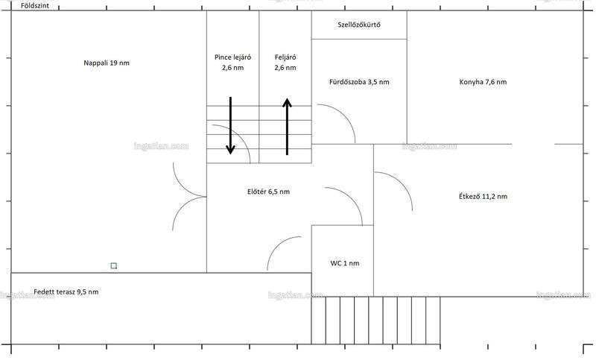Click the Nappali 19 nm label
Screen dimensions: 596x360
click(107, 63)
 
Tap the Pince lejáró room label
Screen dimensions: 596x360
click(232, 63)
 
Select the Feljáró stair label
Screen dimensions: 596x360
click(285, 63)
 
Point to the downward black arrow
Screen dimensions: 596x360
click(230, 125)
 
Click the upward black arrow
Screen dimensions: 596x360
click(287, 127)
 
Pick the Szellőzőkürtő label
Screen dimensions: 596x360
click(359, 25)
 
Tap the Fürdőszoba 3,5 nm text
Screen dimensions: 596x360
click(359, 82)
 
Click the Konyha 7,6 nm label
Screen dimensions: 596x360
click(483, 82)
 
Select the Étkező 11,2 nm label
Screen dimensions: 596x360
click(483, 197)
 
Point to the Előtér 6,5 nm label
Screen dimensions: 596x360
click(268, 192)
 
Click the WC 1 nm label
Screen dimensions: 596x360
click(344, 263)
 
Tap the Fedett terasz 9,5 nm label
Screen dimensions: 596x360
click(66, 292)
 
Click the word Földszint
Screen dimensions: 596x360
click(35, 6)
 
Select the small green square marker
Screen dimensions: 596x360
click(114, 266)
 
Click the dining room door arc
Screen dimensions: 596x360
click(402, 182)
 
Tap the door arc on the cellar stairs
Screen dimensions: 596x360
click(239, 135)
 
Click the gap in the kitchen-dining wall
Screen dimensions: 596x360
click(533, 144)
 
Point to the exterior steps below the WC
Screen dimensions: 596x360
click(375, 320)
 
